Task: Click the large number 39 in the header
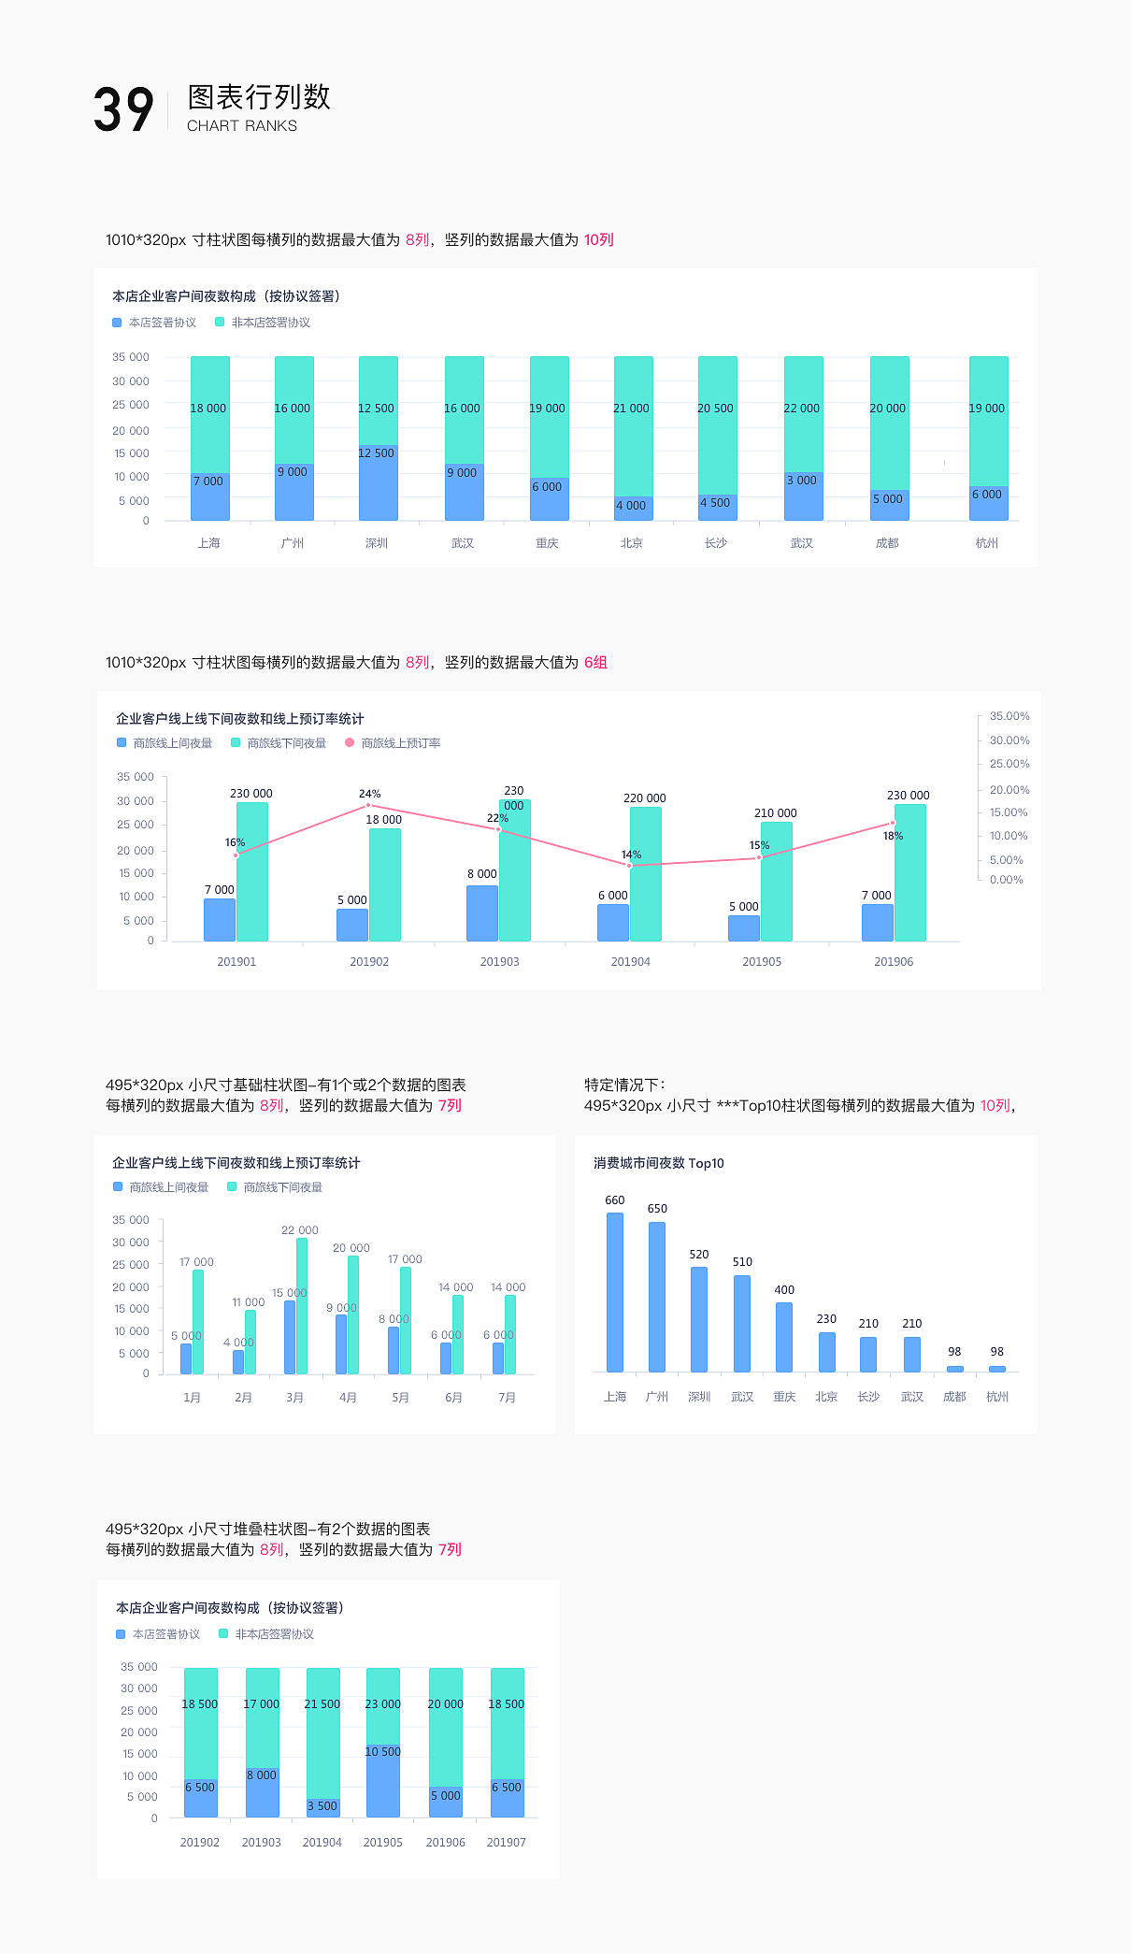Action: pyautogui.click(x=122, y=110)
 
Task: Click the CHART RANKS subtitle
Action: pyautogui.click(x=242, y=126)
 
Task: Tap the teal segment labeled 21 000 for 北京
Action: pyautogui.click(x=633, y=425)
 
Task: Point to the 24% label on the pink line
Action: pyautogui.click(x=370, y=794)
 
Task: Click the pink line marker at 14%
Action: pyautogui.click(x=630, y=866)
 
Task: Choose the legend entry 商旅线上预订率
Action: pyautogui.click(x=400, y=743)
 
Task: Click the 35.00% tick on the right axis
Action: pyautogui.click(x=1009, y=716)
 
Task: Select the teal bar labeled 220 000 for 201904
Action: pyautogui.click(x=646, y=874)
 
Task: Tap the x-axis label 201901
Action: pyautogui.click(x=236, y=962)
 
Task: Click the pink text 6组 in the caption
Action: pyautogui.click(x=595, y=663)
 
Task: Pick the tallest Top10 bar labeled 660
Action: pyautogui.click(x=615, y=1292)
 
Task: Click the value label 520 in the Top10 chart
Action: pyautogui.click(x=699, y=1255)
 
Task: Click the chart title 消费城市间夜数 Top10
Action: pyautogui.click(x=659, y=1163)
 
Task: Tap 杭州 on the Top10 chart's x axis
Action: pyautogui.click(x=997, y=1397)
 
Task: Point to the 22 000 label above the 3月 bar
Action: pyautogui.click(x=300, y=1230)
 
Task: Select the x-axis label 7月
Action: pyautogui.click(x=507, y=1398)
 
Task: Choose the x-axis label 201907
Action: pyautogui.click(x=507, y=1843)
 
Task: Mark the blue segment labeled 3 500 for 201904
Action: pyautogui.click(x=322, y=1807)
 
